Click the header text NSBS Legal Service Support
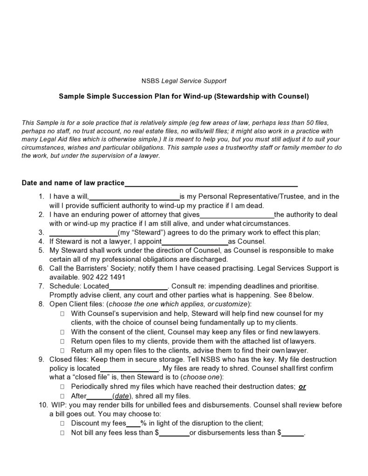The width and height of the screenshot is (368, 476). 184,81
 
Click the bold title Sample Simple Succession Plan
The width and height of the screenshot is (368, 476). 184,96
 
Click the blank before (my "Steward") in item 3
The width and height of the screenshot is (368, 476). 83,232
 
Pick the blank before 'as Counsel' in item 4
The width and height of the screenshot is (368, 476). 194,242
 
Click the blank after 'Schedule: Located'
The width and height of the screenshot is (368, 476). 138,286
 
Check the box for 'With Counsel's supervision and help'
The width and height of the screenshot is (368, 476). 61,314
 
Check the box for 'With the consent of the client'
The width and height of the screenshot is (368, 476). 61,332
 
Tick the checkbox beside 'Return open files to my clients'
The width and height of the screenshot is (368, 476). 61,341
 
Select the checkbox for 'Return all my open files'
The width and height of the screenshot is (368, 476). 61,350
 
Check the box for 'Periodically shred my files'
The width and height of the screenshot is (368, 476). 61,387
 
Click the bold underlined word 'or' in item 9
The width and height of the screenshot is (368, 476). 302,387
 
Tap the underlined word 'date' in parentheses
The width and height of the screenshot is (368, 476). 122,396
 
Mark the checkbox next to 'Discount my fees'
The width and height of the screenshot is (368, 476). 61,423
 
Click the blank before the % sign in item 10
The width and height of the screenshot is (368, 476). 134,423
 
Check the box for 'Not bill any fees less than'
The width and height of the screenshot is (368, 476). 61,433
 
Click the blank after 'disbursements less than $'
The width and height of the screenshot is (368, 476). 292,433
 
